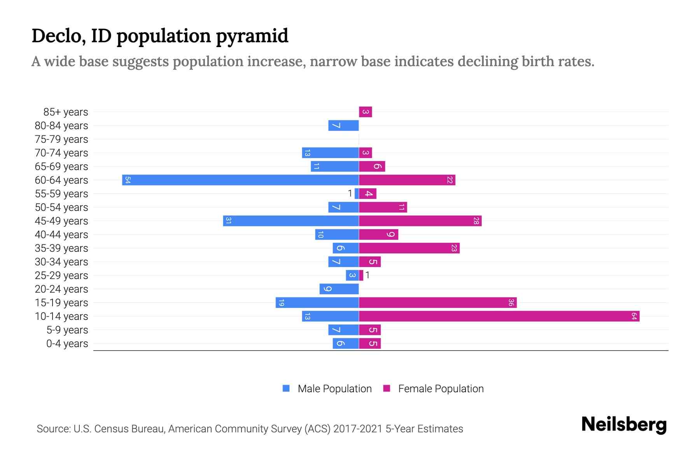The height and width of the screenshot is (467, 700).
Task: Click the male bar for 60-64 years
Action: click(x=240, y=180)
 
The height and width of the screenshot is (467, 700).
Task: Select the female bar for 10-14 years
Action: click(x=499, y=316)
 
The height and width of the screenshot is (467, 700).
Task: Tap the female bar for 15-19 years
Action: click(x=437, y=302)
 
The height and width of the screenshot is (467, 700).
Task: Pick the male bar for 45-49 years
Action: click(x=291, y=221)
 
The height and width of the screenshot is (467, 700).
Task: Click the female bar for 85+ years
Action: click(x=366, y=112)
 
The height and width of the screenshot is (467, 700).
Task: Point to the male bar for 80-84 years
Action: click(x=343, y=125)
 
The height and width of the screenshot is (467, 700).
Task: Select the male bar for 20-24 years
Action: click(x=339, y=289)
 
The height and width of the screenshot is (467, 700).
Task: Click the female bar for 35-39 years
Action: click(x=409, y=248)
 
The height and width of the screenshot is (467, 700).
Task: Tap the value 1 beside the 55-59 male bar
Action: click(x=350, y=193)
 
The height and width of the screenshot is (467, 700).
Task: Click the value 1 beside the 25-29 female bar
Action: click(x=367, y=275)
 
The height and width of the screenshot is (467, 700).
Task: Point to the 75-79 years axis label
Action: click(x=61, y=139)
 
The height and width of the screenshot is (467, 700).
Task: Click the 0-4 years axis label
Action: click(x=67, y=343)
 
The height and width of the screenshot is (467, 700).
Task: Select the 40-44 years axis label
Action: click(x=61, y=234)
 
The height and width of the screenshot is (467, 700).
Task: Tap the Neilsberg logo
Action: click(x=624, y=425)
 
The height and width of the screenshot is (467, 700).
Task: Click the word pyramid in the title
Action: click(x=252, y=36)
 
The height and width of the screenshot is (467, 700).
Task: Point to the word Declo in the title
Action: click(x=56, y=36)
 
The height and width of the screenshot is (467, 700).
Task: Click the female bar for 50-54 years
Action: click(x=383, y=207)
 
